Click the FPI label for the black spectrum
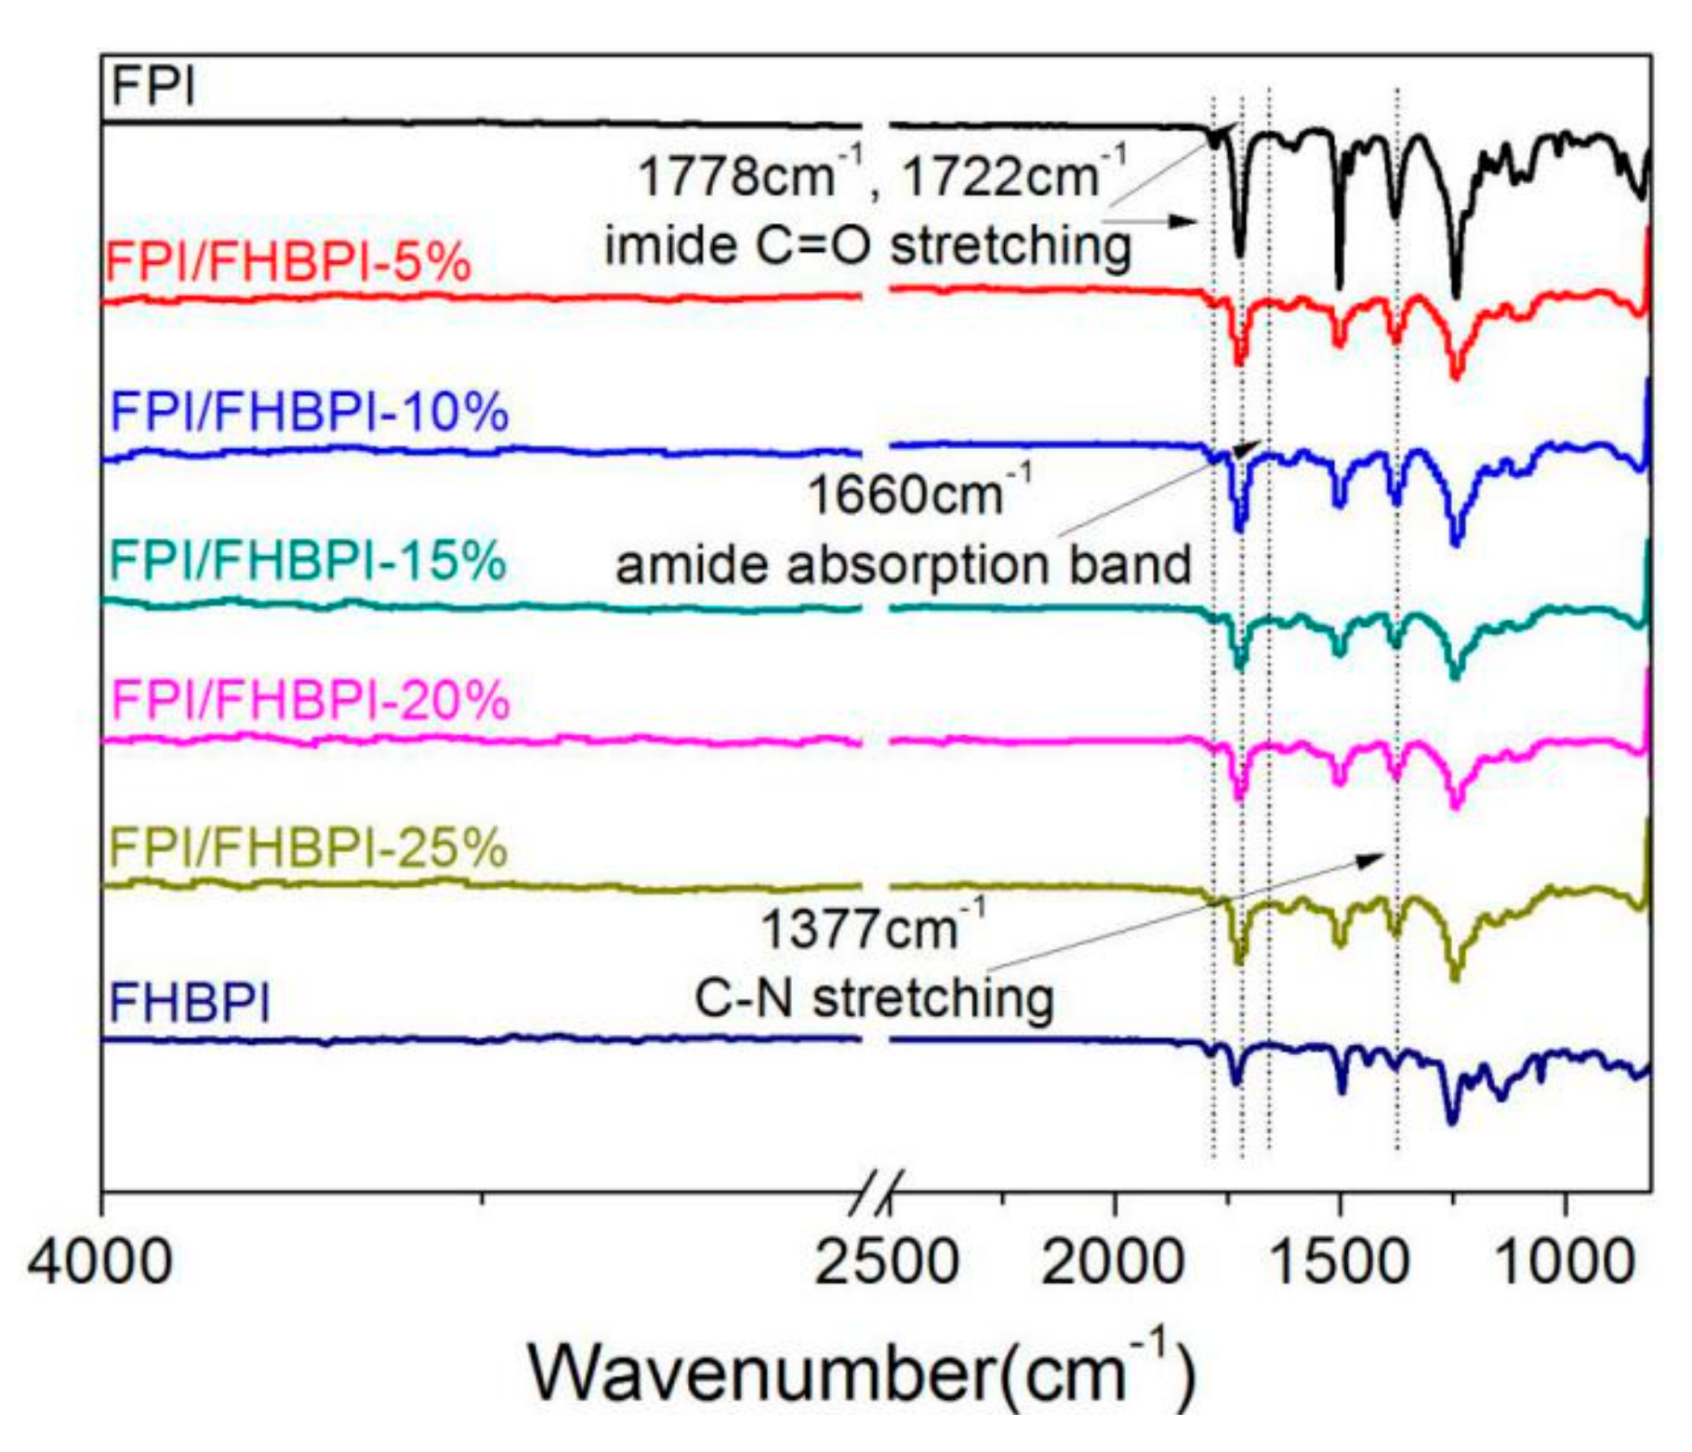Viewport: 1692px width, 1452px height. [x=153, y=87]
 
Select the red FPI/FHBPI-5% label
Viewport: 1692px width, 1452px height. [x=288, y=261]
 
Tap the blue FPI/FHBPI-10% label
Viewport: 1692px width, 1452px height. [x=309, y=411]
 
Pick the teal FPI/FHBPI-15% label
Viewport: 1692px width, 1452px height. [x=307, y=561]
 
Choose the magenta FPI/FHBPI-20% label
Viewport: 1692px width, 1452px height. [x=310, y=700]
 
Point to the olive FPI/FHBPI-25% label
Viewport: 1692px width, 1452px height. [x=308, y=847]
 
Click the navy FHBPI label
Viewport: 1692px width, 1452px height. [x=190, y=1003]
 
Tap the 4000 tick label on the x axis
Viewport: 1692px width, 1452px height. [x=100, y=1263]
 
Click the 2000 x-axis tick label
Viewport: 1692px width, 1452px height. [x=1113, y=1263]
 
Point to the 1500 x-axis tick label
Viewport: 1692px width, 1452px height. [x=1339, y=1263]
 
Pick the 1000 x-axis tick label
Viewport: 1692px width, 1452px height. [x=1566, y=1263]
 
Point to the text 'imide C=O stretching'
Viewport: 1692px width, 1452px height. [x=867, y=245]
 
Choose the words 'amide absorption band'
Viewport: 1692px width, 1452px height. [x=903, y=564]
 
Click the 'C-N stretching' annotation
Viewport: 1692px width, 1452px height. [x=874, y=998]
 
